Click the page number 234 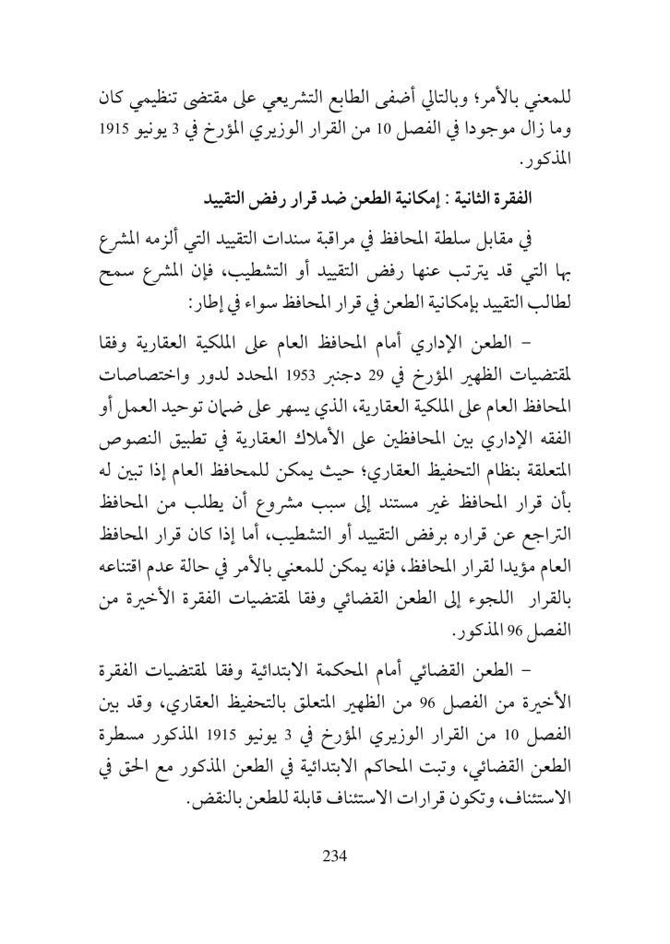coord(334,855)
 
